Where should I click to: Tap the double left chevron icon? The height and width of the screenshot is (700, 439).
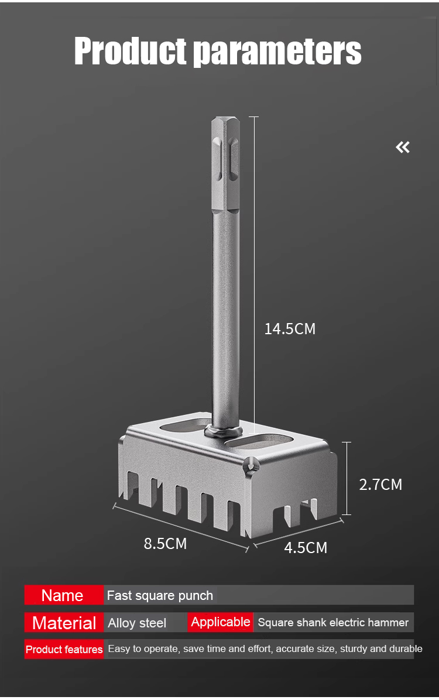[402, 147]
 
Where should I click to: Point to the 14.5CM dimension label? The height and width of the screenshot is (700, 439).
[290, 329]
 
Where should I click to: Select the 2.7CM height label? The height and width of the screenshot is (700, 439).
[380, 485]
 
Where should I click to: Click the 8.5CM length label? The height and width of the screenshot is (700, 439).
[165, 544]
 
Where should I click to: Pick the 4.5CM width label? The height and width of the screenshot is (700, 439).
[306, 548]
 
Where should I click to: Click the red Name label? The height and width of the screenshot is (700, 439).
[63, 595]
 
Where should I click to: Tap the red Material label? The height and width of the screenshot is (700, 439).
[64, 622]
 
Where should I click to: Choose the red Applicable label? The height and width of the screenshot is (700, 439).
[220, 622]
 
